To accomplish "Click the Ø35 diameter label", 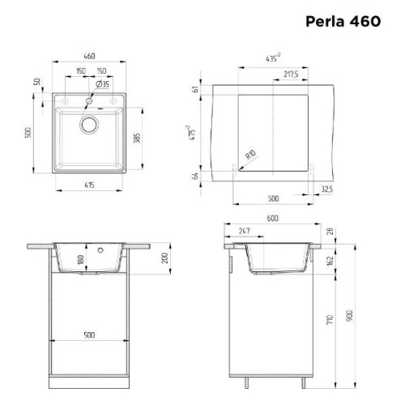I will tap(103, 84).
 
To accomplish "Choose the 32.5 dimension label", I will tap(326, 188).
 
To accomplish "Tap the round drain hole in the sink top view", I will tap(88, 125).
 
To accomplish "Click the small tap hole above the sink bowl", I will tap(89, 101).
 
